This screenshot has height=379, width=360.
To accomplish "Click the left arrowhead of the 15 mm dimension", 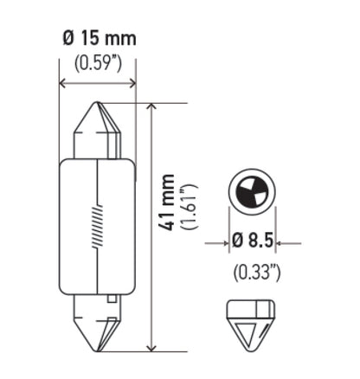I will (62, 84).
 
